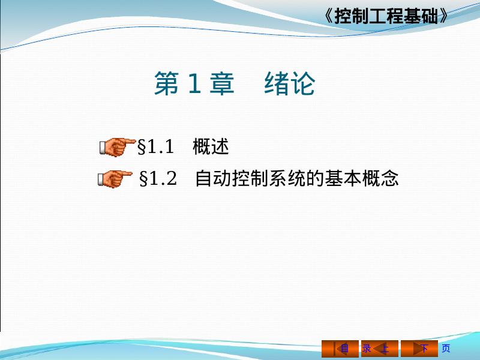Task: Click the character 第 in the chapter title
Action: pyautogui.click(x=167, y=83)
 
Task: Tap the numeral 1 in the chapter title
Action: pyautogui.click(x=194, y=83)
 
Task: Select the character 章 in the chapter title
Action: pyautogui.click(x=222, y=83)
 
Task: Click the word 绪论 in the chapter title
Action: pyautogui.click(x=290, y=83)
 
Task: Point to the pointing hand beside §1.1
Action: pyautogui.click(x=117, y=147)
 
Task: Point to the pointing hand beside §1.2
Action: pyautogui.click(x=115, y=179)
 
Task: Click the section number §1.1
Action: pyautogui.click(x=155, y=146)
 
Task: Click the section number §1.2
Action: pyautogui.click(x=158, y=178)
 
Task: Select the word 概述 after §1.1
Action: pyautogui.click(x=211, y=146)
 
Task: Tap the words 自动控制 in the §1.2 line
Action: pyautogui.click(x=232, y=178)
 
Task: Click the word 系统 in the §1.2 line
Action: pyautogui.click(x=287, y=178)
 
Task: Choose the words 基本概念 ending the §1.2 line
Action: pyautogui.click(x=362, y=178)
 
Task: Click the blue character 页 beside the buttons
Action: pyautogui.click(x=446, y=349)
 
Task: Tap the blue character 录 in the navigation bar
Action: pyautogui.click(x=366, y=349)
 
